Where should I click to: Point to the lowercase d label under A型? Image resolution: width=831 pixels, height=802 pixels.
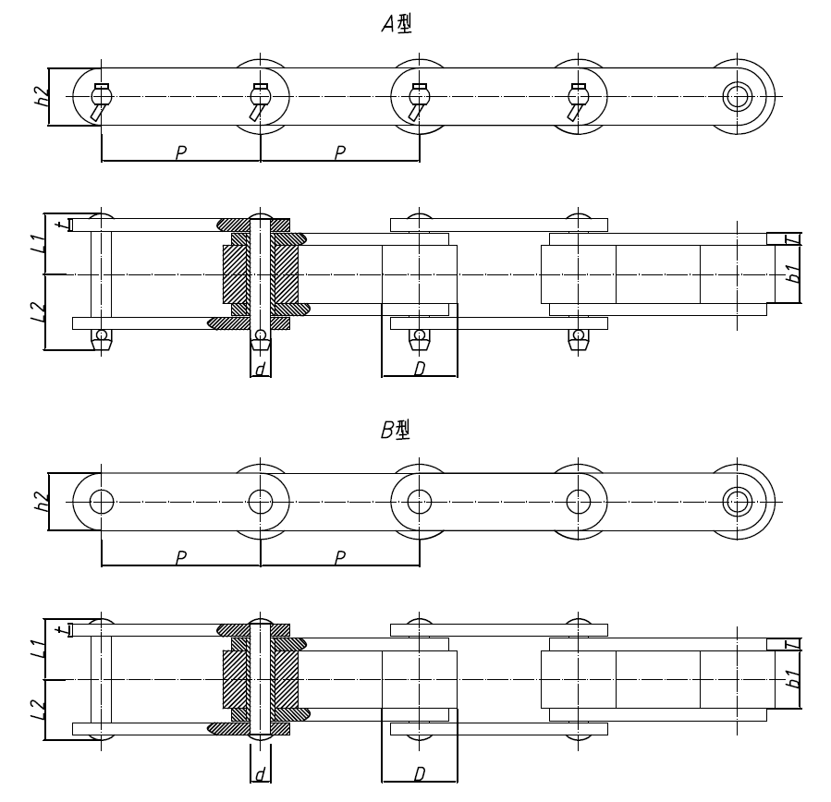[x=261, y=368]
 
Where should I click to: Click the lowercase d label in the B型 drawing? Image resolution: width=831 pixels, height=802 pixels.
[x=261, y=772]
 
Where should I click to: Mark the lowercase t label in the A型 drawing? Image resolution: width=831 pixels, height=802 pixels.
[x=59, y=225]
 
